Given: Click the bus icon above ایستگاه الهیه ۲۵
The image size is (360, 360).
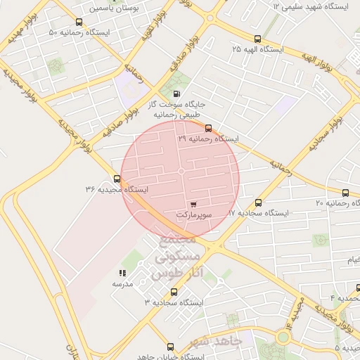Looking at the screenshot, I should pos(257,39).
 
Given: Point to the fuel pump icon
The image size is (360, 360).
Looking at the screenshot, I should pos(175,94).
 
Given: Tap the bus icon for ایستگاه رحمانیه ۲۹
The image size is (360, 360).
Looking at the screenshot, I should pos(208,128).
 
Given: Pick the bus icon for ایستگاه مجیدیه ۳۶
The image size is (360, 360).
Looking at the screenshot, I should pos(117,179).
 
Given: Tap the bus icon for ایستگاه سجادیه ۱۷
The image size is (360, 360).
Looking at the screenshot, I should pos(259,202).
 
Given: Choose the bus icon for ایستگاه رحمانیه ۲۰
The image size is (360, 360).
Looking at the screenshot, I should pos(345,193).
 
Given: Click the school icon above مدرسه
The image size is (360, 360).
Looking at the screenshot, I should pos(122,273).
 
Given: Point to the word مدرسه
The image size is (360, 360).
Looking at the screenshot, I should pos(122,284).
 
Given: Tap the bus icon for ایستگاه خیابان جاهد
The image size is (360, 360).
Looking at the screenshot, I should pos(170,347).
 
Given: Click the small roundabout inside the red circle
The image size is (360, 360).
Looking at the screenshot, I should pos(181,171).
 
